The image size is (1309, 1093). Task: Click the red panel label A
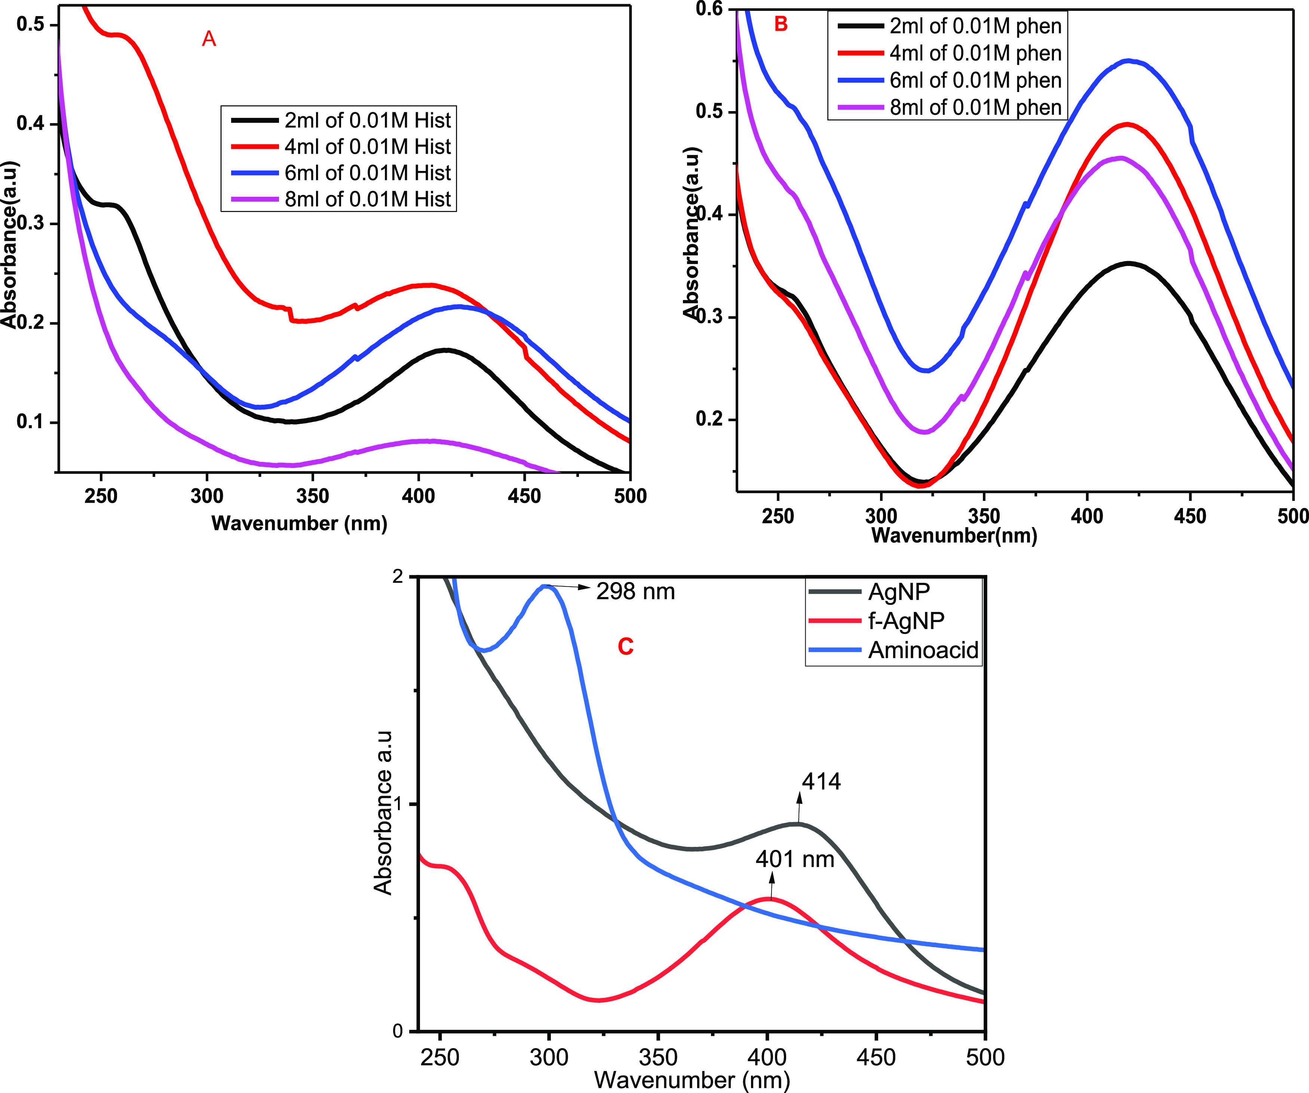209,39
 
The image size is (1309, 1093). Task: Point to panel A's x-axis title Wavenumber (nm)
299,523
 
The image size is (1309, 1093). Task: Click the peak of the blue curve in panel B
1128,61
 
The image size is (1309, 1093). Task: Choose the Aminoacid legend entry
923,650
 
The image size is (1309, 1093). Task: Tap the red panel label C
625,647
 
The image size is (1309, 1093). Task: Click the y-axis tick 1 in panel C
398,804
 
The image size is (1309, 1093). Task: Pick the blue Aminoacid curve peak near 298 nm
546,586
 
